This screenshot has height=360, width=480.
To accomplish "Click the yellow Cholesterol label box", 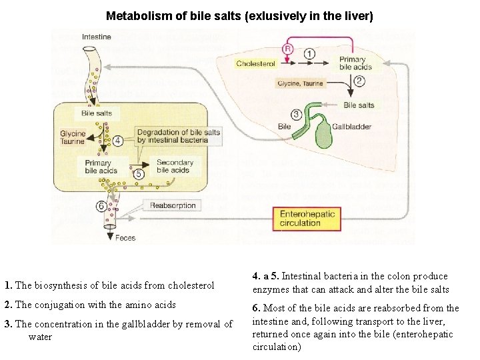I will point(256,64).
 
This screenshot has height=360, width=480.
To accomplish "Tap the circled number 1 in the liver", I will point(310,53).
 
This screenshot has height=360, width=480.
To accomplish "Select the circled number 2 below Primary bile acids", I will point(359,81).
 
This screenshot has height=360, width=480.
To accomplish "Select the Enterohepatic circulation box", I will point(307,218).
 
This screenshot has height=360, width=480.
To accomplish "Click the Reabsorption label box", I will point(173,205).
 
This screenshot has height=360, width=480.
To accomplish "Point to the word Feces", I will point(125,237).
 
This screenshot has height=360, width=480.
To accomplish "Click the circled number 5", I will point(139,174).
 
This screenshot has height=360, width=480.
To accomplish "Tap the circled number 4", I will point(118,141).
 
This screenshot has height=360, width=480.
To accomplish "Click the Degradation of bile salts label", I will point(178,136).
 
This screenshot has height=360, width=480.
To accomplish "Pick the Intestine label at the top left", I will point(96,37).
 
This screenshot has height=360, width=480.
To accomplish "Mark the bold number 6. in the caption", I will point(257,308).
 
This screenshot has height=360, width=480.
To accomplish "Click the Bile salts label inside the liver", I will point(358,105).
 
